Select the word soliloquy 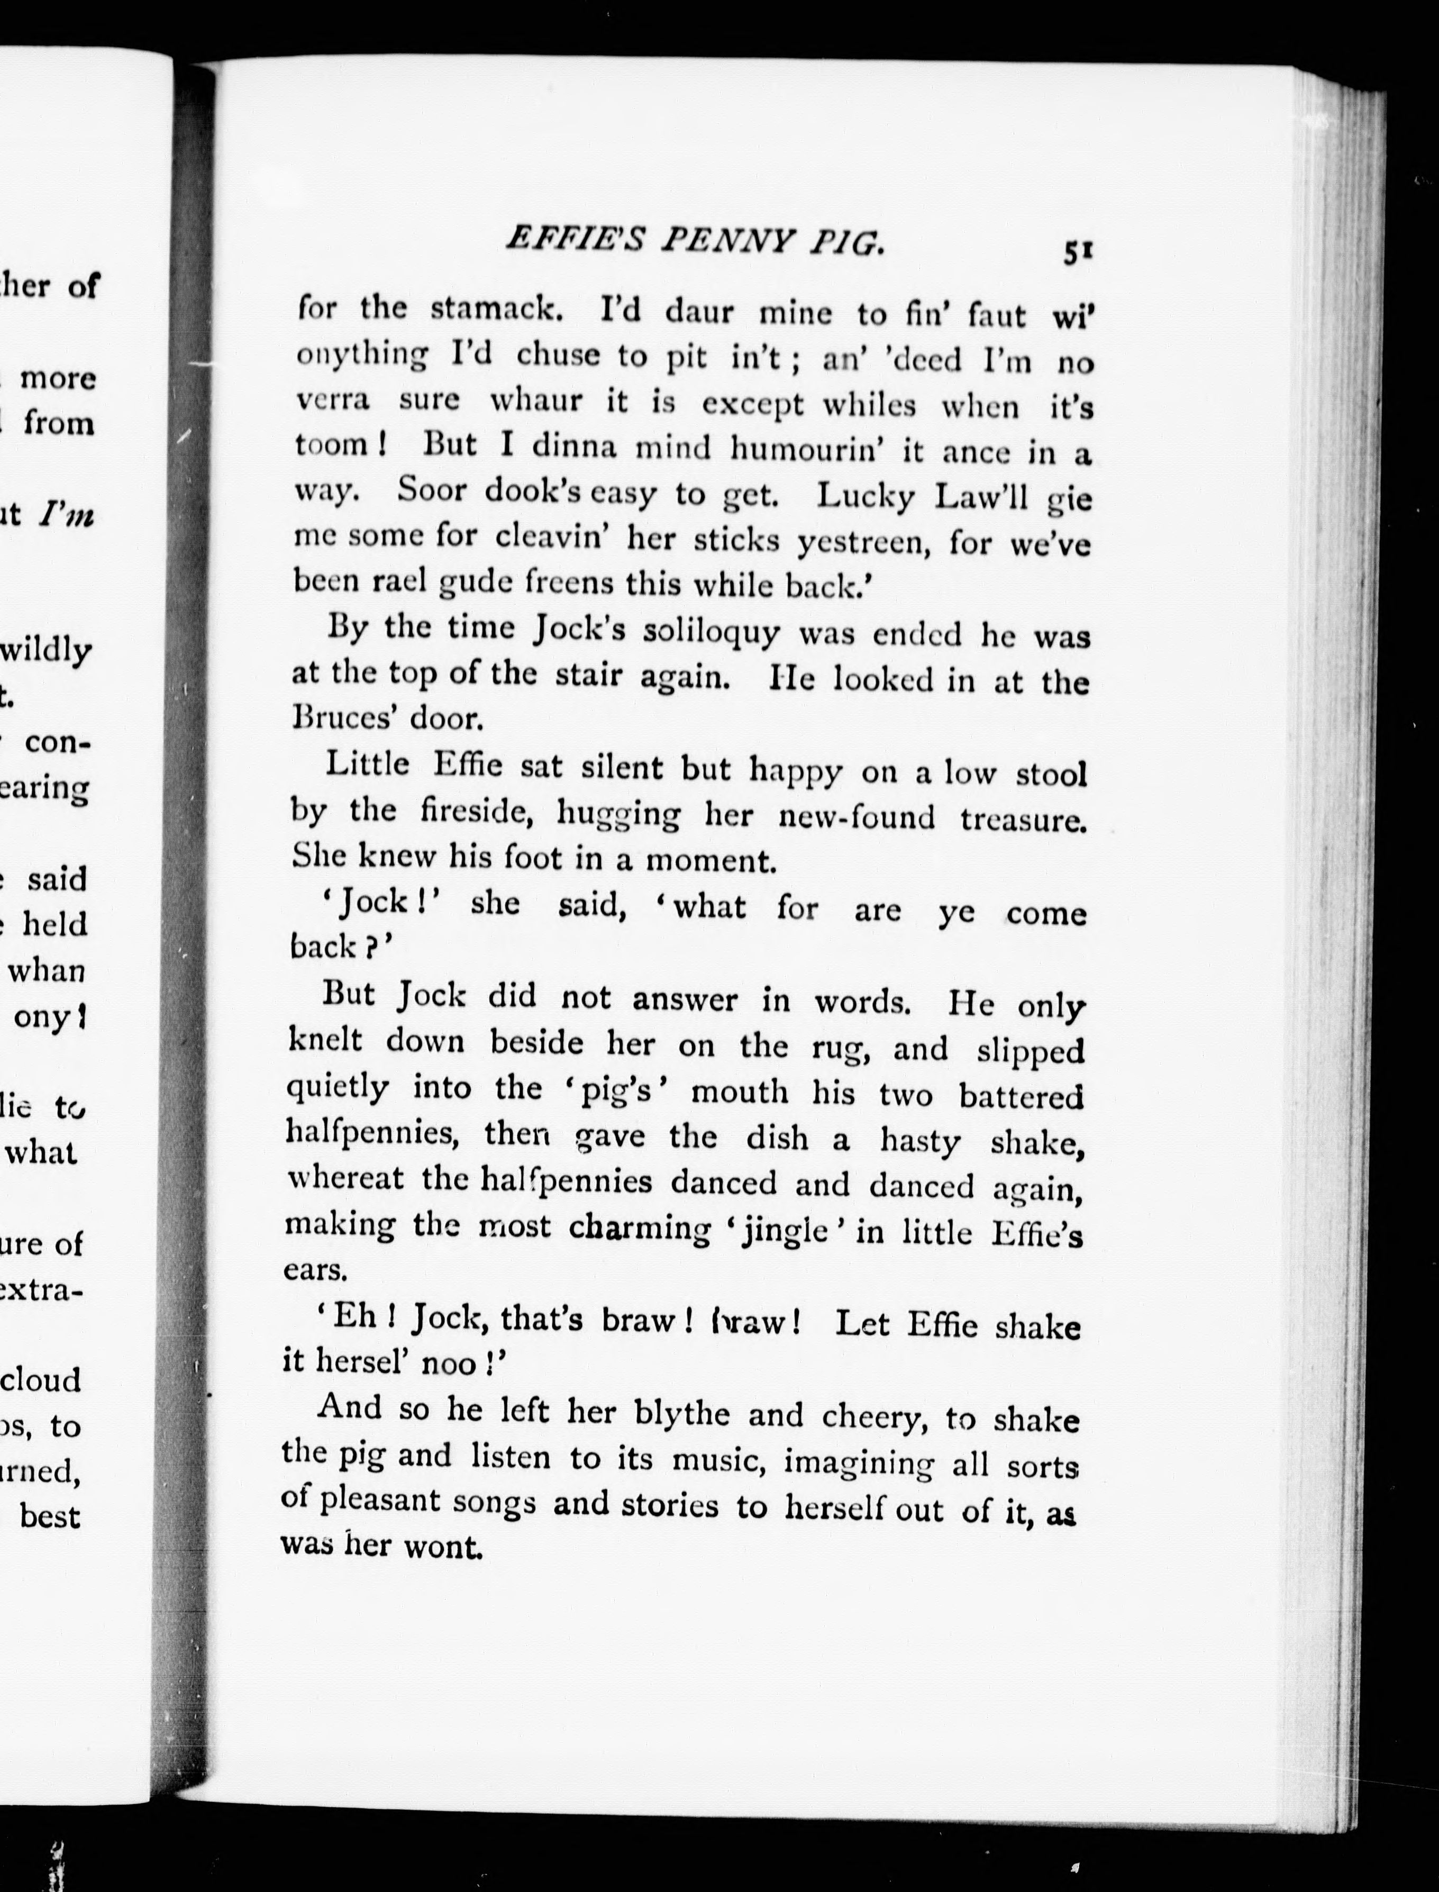click(712, 632)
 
